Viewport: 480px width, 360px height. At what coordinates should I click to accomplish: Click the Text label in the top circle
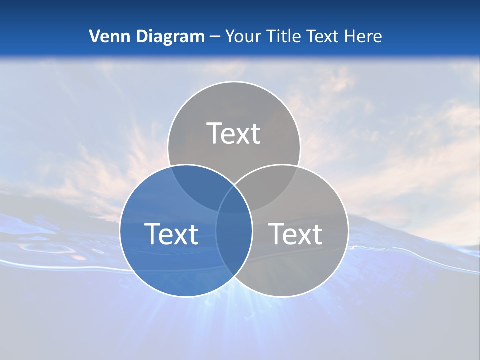click(234, 133)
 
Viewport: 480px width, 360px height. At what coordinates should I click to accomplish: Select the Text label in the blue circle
click(171, 234)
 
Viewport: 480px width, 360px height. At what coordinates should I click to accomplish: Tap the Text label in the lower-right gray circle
click(295, 234)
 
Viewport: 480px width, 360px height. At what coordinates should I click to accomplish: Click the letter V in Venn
click(94, 36)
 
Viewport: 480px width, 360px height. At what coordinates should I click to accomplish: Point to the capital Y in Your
click(230, 36)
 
